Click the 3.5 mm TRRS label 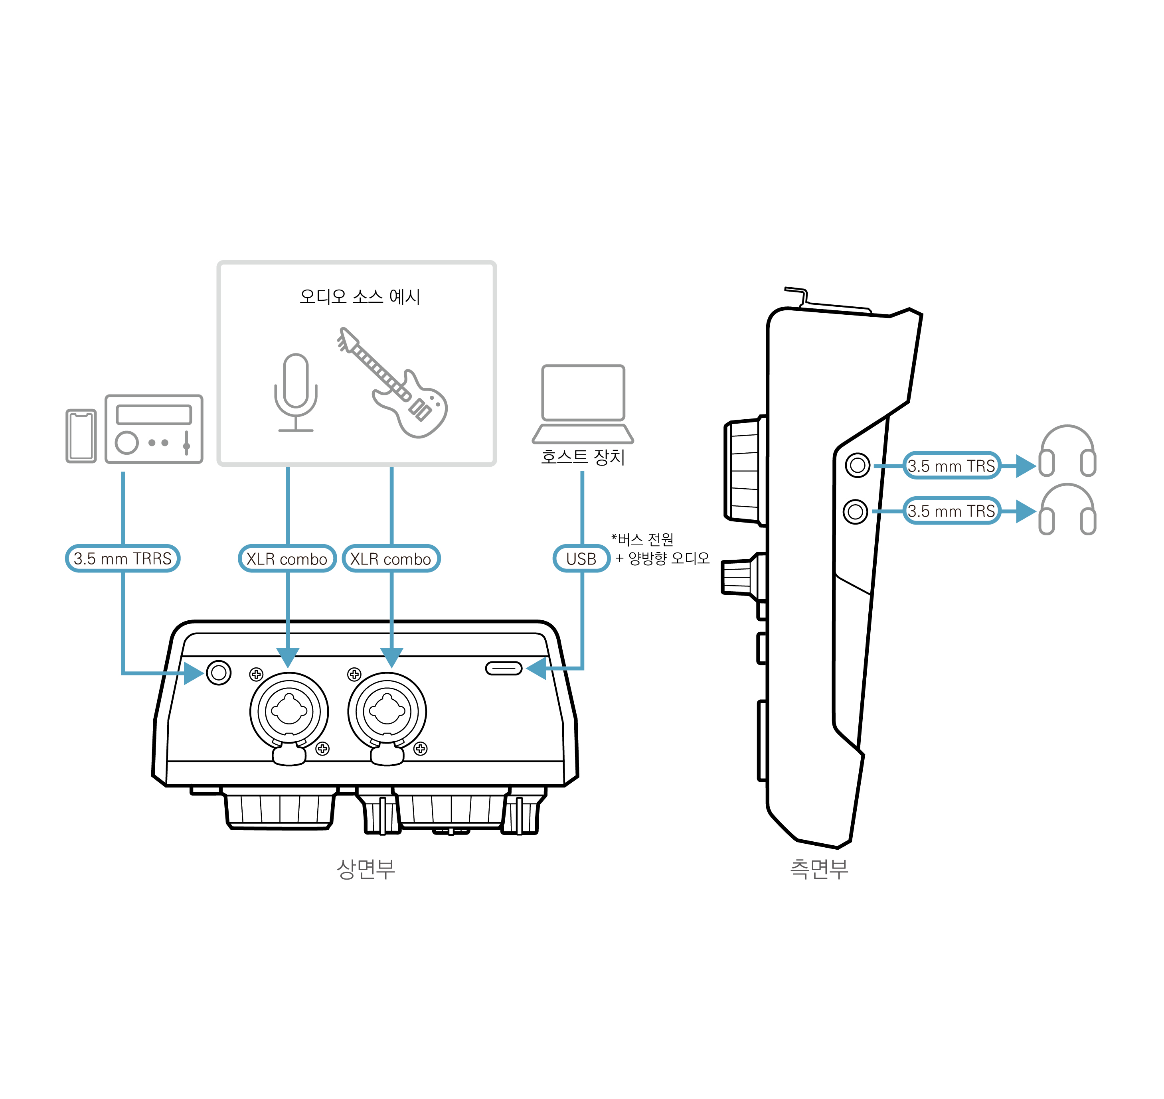tap(123, 558)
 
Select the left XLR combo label tap(287, 558)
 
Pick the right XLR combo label tap(391, 558)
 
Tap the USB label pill tap(581, 558)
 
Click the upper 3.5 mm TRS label tap(951, 466)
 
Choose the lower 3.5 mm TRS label tap(951, 511)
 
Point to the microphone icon tap(296, 393)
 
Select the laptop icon tap(583, 404)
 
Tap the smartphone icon tap(81, 436)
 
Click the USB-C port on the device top tap(504, 669)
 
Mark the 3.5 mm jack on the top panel tap(219, 673)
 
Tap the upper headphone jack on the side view tap(858, 465)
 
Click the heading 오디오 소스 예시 tap(360, 296)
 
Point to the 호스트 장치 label tap(583, 456)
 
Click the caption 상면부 tap(366, 869)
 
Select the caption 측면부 tap(819, 869)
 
